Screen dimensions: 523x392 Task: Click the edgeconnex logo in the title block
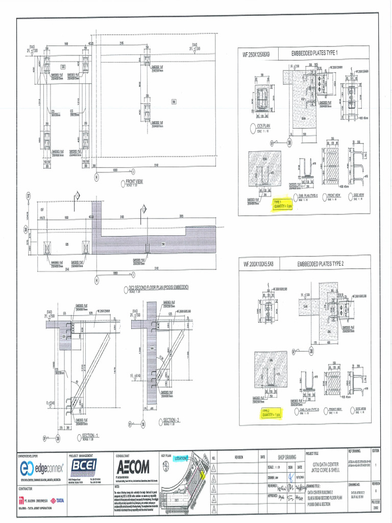[40, 468]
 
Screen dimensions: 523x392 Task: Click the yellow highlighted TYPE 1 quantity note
[282, 205]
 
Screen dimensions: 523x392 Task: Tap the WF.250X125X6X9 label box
[259, 53]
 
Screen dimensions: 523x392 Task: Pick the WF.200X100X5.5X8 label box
[262, 264]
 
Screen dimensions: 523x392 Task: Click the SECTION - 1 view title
[89, 435]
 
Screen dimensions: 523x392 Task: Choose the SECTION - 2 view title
[172, 421]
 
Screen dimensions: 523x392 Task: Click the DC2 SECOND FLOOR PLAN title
[156, 288]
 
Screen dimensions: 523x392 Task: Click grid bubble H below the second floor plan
[96, 280]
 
